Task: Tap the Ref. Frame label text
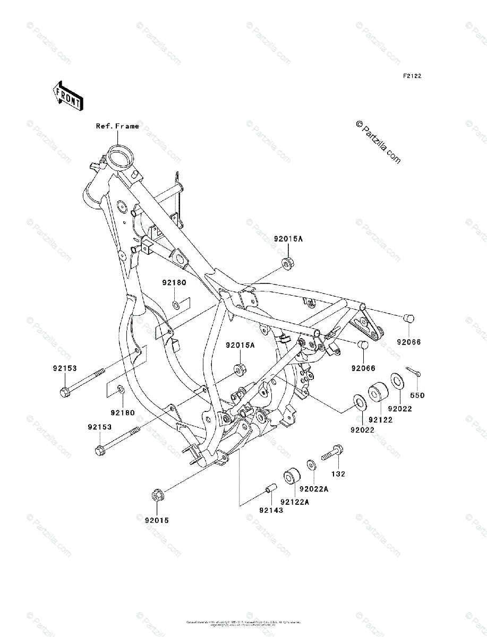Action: (117, 126)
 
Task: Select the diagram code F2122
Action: (412, 76)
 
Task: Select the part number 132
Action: (338, 474)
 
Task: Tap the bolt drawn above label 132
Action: (333, 453)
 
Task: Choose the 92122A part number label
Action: (295, 501)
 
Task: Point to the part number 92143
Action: (271, 510)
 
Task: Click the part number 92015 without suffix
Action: (157, 520)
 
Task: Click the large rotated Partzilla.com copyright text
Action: (379, 142)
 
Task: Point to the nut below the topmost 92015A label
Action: (287, 262)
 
